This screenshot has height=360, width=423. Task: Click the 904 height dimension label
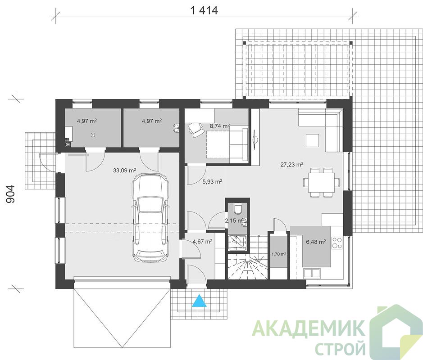[x=10, y=194]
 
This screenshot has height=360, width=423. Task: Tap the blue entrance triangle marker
[x=200, y=301]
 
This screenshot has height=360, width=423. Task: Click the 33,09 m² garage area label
[x=124, y=170]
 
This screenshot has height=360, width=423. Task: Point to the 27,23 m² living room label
[x=292, y=165]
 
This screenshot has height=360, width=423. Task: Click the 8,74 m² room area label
[x=220, y=126]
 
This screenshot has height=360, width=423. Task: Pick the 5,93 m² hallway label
[x=212, y=182]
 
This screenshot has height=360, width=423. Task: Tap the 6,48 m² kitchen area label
[x=316, y=242]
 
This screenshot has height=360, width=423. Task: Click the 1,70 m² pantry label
[x=279, y=254]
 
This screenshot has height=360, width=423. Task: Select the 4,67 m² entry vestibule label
[x=202, y=242]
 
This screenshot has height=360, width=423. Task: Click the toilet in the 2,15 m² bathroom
[x=238, y=208]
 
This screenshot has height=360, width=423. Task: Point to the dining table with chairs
[x=321, y=182]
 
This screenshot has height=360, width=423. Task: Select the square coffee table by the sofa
[x=312, y=140]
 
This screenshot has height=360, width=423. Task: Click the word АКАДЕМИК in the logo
[x=308, y=328]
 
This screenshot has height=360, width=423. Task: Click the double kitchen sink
[x=312, y=274]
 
